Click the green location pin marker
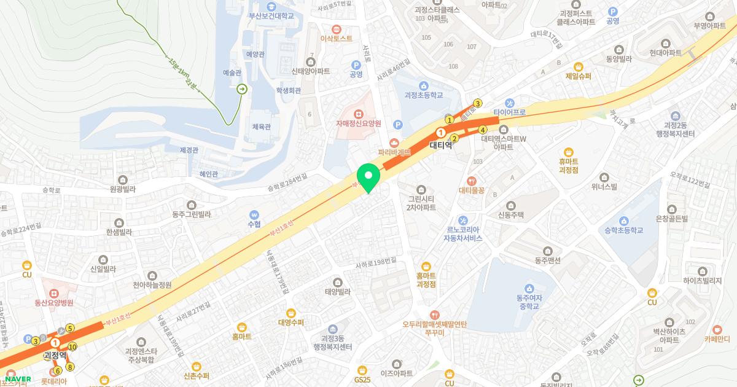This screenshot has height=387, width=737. (x=368, y=175)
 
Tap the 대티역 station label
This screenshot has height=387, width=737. (x=440, y=146)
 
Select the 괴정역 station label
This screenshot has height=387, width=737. (x=55, y=355)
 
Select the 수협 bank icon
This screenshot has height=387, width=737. (x=254, y=215)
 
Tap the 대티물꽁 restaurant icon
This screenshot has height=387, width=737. (x=472, y=181)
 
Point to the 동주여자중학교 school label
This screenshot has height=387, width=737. (x=528, y=302)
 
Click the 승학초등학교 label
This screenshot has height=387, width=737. (x=623, y=230)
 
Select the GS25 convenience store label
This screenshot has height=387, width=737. (x=362, y=380)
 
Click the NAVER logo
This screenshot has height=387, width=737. (x=18, y=379)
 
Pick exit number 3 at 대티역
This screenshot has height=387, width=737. (x=478, y=103)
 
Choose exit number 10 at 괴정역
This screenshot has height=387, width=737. (x=72, y=347)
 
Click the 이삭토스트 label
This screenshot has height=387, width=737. (x=336, y=38)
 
